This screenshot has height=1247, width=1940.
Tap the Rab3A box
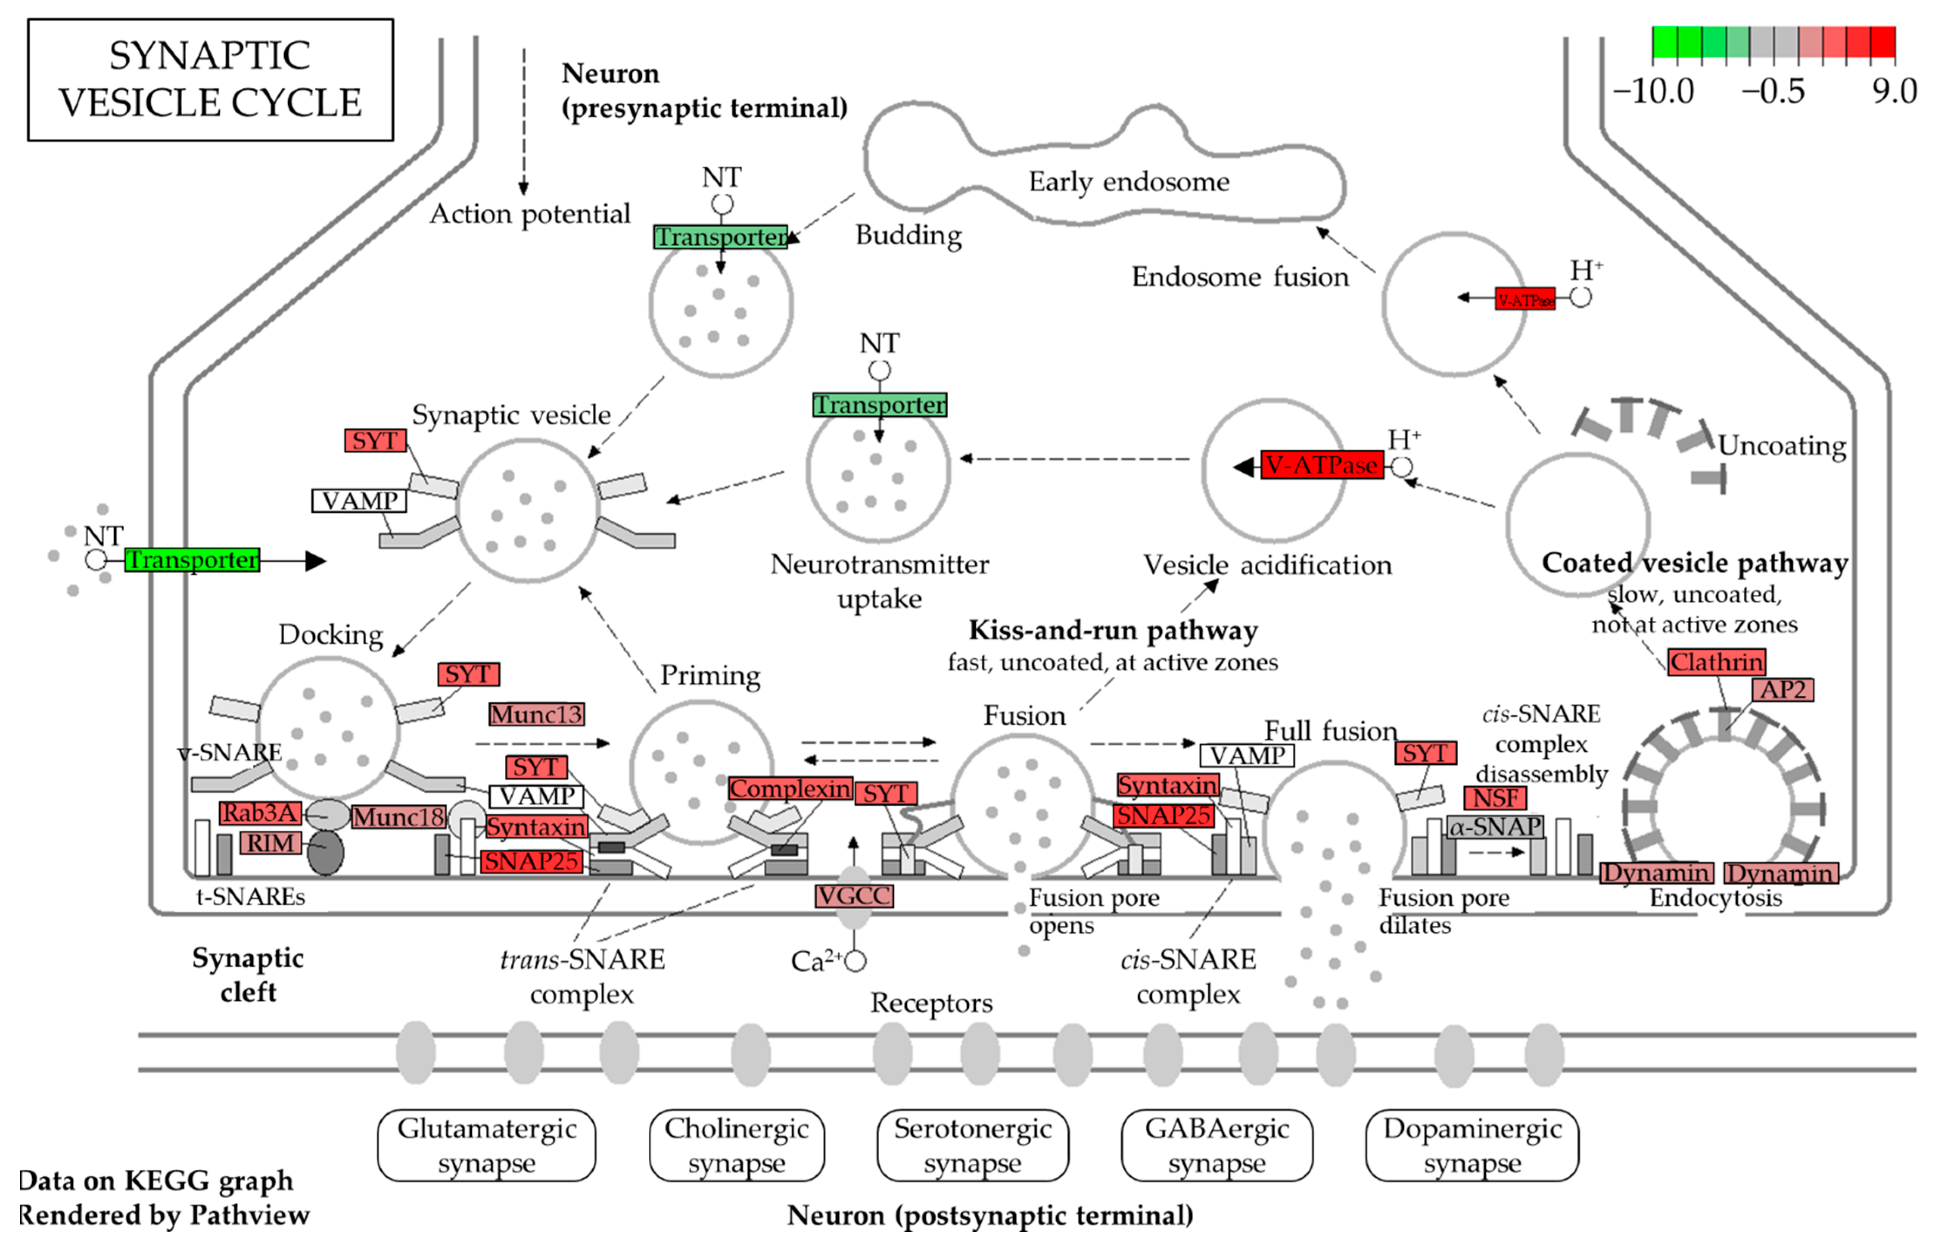coord(259,813)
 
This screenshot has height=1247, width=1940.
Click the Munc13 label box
coord(536,714)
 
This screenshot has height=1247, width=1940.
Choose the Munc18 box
coord(398,817)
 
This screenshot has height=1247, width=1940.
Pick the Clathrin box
coord(1716,662)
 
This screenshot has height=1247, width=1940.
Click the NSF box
coord(1495,798)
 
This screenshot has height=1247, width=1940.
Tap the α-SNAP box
coord(1495,827)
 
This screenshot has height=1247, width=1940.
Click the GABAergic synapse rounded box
coord(1216,1145)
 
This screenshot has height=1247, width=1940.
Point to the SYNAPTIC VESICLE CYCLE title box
coord(211,79)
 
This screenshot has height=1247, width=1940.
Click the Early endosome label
coord(1129,181)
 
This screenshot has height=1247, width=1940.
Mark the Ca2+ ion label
coord(818,961)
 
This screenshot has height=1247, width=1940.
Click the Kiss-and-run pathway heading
coord(1113,631)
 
